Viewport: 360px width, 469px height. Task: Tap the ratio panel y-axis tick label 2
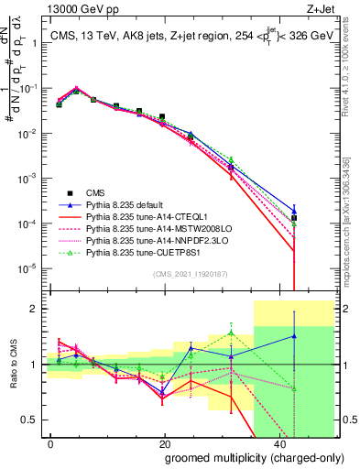[x=37, y=309]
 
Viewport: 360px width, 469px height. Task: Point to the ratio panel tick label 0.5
[x=33, y=420]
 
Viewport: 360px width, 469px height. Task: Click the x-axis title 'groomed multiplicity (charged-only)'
[x=242, y=459]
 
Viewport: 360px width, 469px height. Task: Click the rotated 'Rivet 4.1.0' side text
[x=352, y=73]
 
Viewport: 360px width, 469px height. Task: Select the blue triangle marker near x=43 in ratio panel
[x=294, y=336]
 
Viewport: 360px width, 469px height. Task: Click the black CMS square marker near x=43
[x=294, y=218]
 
